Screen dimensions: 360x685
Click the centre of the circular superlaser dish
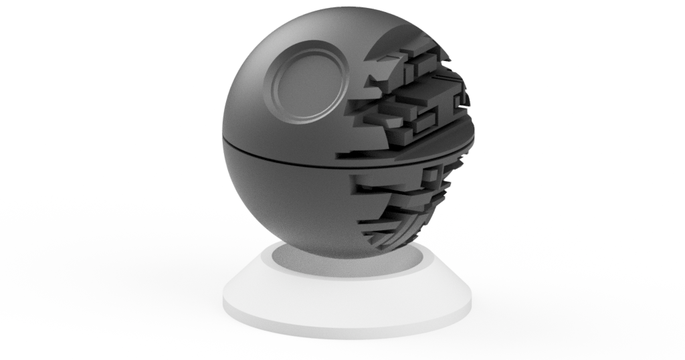click(x=309, y=82)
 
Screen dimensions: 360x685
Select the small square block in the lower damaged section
click(x=431, y=175)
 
